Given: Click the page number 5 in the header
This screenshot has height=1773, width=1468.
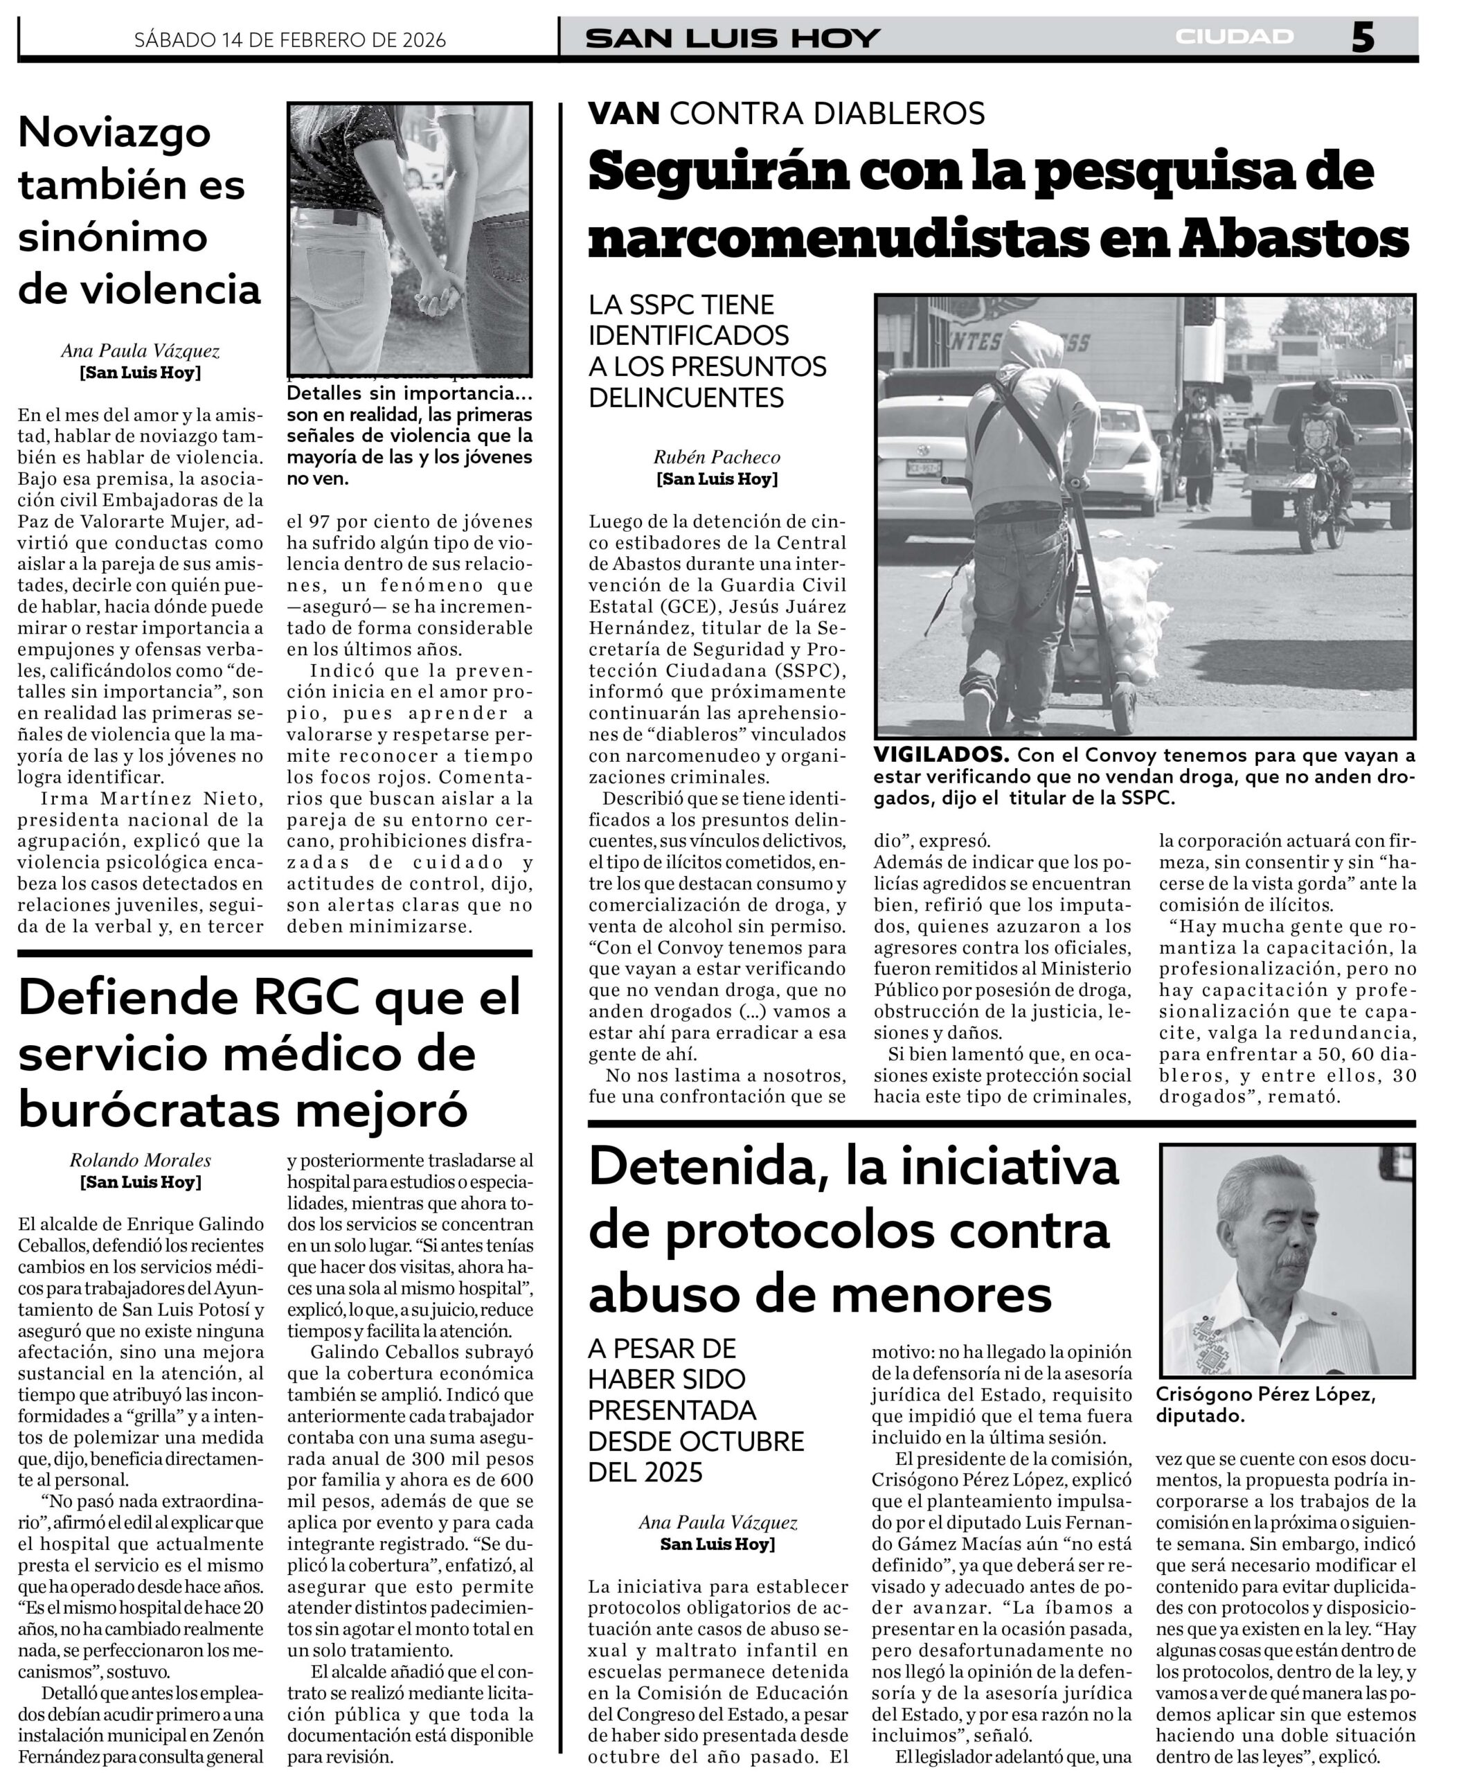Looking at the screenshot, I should point(1361,37).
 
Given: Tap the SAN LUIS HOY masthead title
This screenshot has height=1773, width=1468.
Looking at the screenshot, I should point(732,38).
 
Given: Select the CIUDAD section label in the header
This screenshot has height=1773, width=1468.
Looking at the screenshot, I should point(1233,36).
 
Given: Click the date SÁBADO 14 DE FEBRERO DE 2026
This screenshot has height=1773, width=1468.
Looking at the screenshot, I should point(289,39).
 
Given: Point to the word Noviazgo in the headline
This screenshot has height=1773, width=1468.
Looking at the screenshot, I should point(115,132).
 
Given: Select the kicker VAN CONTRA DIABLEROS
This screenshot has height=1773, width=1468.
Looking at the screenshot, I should point(786,112).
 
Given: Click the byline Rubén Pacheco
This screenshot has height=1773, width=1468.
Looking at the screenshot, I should point(716,457).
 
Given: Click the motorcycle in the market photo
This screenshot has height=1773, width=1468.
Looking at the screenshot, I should point(1321,498).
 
